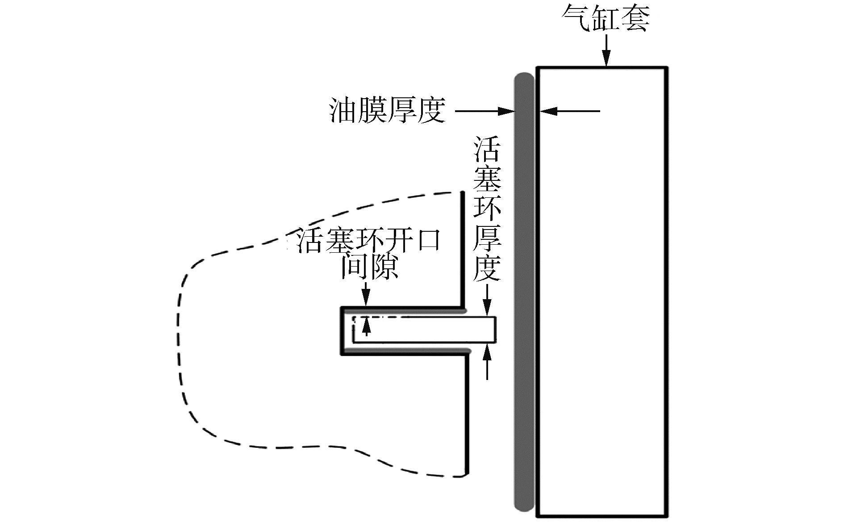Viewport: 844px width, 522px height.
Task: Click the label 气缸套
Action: pyautogui.click(x=606, y=18)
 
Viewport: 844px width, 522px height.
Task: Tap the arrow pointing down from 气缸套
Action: pyautogui.click(x=606, y=51)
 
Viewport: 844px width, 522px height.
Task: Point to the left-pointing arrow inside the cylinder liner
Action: pyautogui.click(x=569, y=111)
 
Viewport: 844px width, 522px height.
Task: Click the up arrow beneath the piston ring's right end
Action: pyautogui.click(x=487, y=362)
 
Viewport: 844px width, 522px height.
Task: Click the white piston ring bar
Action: pyautogui.click(x=424, y=330)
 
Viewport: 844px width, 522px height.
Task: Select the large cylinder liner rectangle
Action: pyautogui.click(x=602, y=290)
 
